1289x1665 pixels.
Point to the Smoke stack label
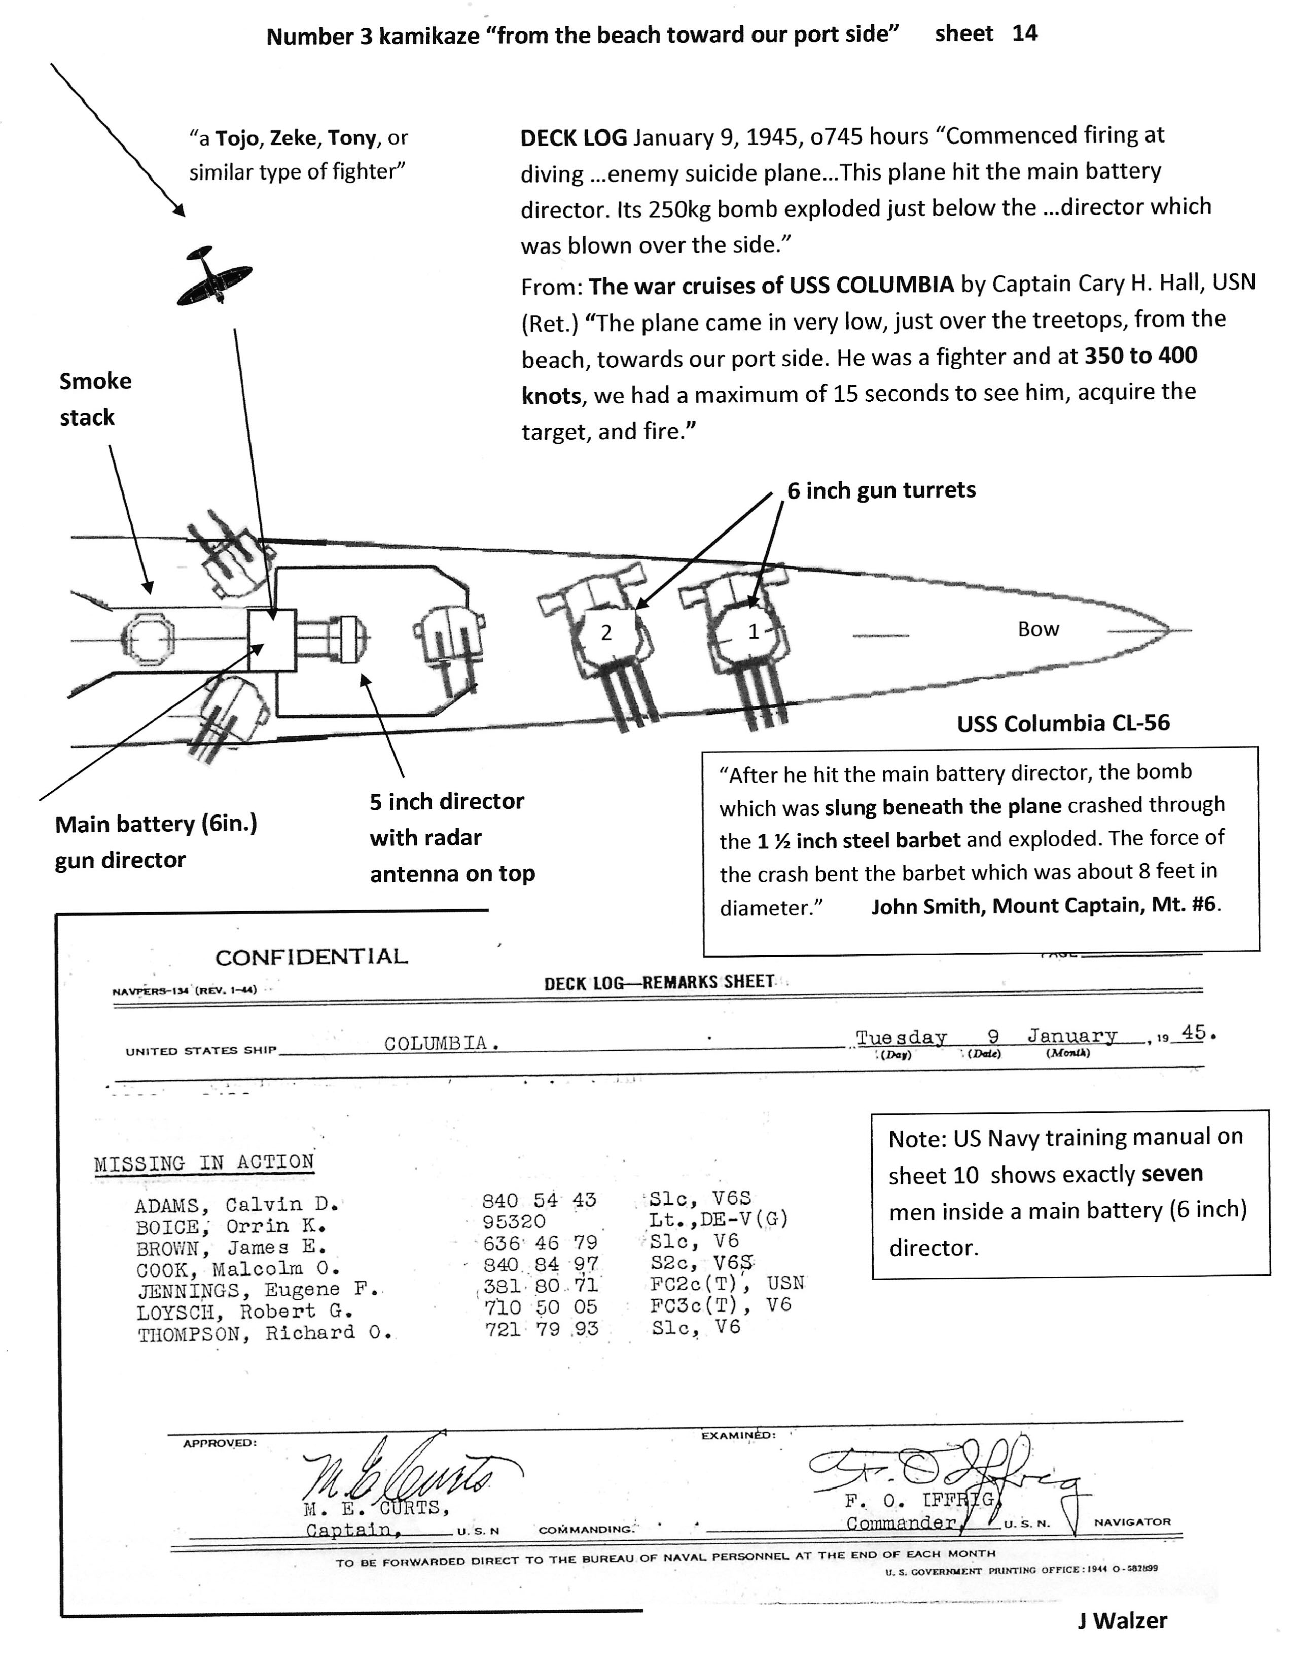(95, 399)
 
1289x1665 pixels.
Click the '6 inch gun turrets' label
(881, 490)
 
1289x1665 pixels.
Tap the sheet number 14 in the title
(1024, 33)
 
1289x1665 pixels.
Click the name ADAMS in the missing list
(167, 1206)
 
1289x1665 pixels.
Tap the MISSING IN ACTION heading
(204, 1162)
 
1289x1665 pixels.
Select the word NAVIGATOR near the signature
(1132, 1521)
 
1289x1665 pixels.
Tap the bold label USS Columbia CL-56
(1063, 723)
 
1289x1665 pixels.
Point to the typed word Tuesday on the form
(901, 1038)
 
